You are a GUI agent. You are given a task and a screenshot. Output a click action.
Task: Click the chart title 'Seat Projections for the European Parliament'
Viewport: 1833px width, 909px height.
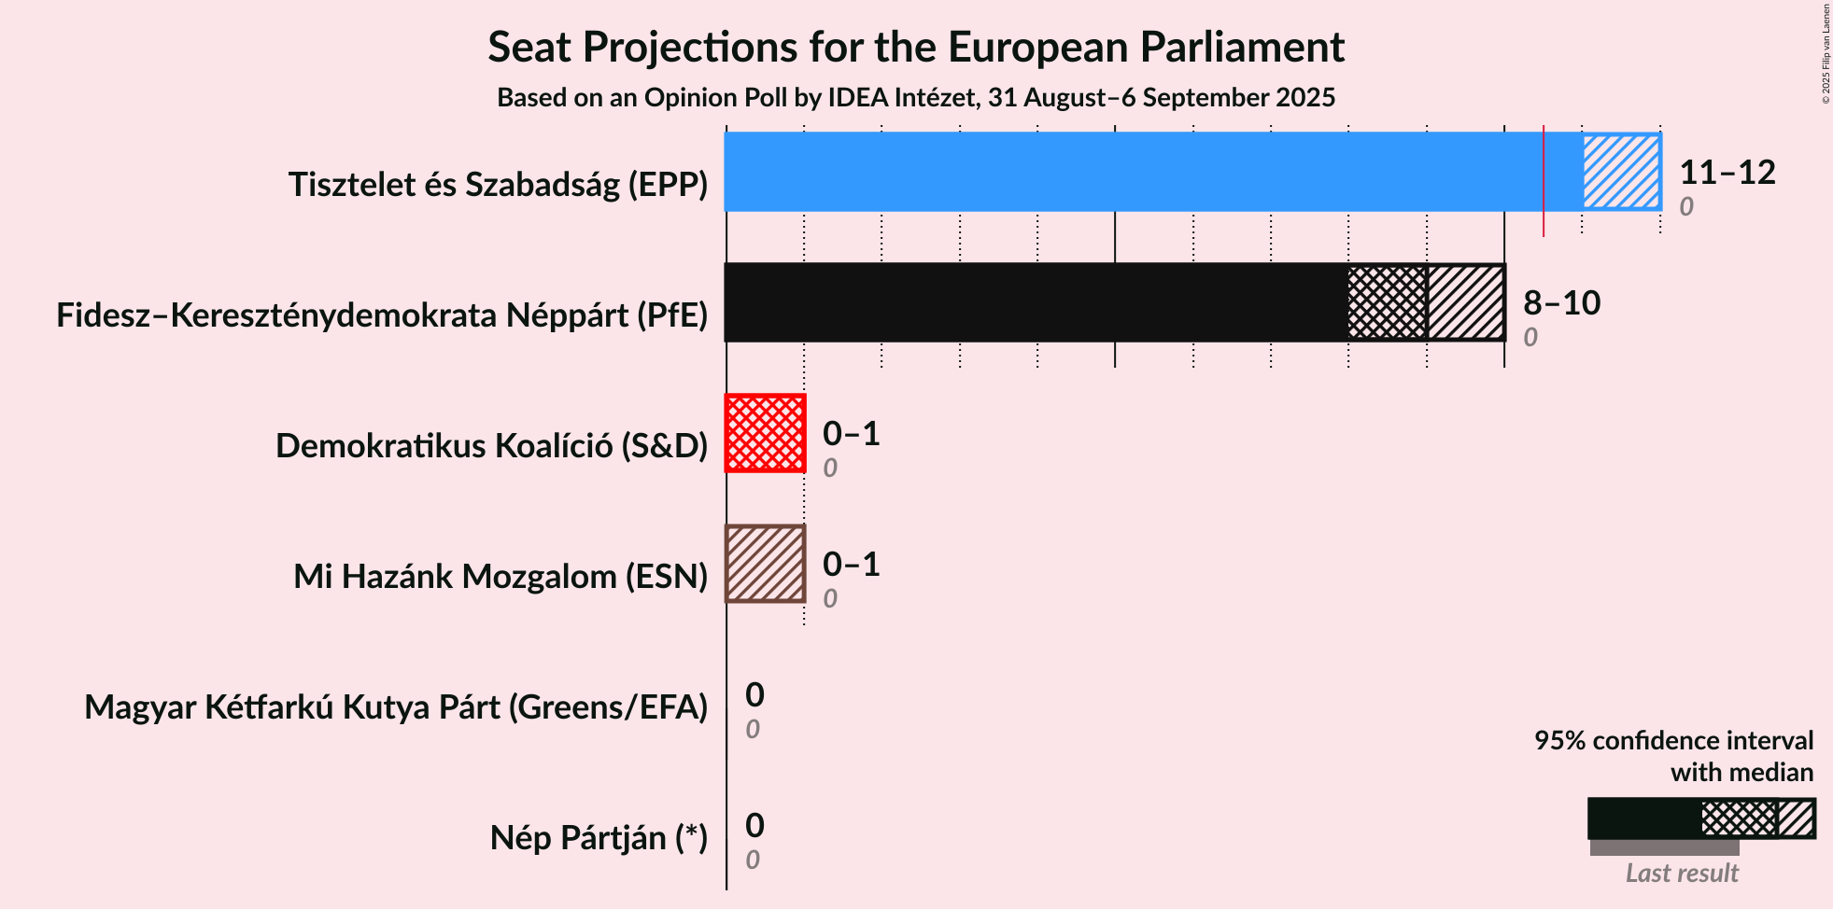tap(916, 47)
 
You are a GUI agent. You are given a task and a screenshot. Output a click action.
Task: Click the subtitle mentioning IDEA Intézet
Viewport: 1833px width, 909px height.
tap(916, 97)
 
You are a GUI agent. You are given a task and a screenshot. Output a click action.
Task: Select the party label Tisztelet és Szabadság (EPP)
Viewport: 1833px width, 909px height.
tap(499, 185)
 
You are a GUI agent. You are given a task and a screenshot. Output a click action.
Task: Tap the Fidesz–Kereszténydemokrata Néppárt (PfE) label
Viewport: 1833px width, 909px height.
tap(382, 315)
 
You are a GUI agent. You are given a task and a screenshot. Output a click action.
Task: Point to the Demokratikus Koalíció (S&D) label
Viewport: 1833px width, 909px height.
tap(492, 446)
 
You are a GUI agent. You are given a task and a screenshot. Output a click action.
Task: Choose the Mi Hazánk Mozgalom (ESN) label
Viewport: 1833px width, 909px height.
tap(501, 577)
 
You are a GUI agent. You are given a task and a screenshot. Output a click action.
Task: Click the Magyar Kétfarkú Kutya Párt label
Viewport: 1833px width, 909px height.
tap(396, 707)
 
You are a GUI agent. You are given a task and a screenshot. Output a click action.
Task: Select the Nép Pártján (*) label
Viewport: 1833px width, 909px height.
tap(599, 838)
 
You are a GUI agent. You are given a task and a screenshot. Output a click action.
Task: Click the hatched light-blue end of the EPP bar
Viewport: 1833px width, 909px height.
tap(1621, 172)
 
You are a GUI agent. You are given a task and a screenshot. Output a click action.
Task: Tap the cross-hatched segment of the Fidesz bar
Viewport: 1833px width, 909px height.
tap(1388, 302)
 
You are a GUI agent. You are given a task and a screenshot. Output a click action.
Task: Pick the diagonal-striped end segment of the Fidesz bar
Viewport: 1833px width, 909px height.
tap(1466, 302)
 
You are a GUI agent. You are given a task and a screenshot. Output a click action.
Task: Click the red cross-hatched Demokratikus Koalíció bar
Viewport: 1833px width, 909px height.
tap(766, 433)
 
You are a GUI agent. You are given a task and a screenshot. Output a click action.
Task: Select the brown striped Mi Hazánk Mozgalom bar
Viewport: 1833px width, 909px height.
tap(766, 564)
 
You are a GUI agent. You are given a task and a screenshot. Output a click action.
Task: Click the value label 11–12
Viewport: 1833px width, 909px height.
tap(1727, 172)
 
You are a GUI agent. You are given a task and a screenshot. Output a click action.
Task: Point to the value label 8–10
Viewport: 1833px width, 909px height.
tap(1562, 302)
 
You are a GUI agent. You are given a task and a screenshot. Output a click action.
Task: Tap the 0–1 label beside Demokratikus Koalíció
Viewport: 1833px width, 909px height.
tap(852, 433)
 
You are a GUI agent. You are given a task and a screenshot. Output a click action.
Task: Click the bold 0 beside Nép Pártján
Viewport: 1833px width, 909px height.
tap(754, 825)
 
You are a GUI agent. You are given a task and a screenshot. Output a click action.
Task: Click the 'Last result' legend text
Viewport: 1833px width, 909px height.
tap(1682, 873)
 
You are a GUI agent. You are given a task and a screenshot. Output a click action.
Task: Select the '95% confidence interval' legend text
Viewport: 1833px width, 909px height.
tap(1674, 740)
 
